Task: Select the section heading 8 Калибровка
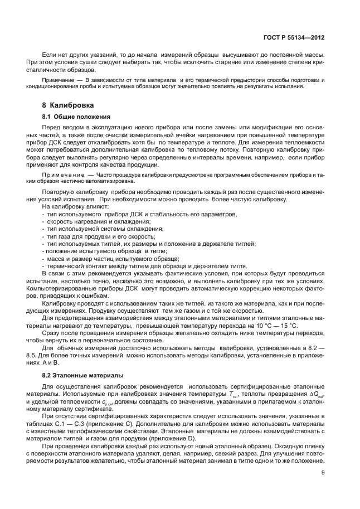[68, 105]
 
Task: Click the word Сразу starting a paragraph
[51, 333]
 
